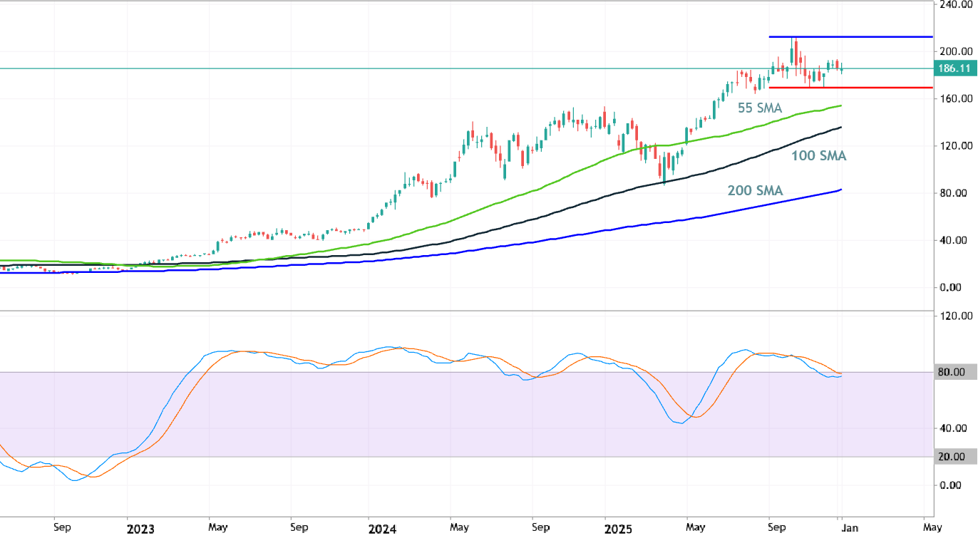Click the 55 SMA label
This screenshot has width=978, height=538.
click(x=760, y=108)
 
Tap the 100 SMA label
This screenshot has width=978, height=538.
click(x=818, y=155)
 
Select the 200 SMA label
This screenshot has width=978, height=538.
click(x=755, y=190)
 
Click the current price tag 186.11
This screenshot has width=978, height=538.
click(x=955, y=68)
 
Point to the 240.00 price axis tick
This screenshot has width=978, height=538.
click(x=954, y=4)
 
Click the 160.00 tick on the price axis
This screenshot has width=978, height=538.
click(x=954, y=98)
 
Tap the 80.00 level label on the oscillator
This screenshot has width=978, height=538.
click(x=954, y=372)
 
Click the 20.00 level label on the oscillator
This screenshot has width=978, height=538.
click(x=954, y=457)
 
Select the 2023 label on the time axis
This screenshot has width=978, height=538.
click(x=140, y=529)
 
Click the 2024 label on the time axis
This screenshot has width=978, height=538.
click(x=382, y=529)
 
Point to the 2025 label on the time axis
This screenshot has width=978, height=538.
click(x=618, y=529)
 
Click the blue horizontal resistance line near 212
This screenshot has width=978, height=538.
click(x=855, y=36)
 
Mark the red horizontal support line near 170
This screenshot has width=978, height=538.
click(x=855, y=88)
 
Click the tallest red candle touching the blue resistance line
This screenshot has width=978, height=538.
click(x=795, y=50)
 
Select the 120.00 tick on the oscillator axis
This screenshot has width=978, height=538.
click(x=954, y=316)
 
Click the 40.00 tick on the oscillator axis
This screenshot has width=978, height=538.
click(x=954, y=428)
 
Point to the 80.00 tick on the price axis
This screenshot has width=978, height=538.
click(x=954, y=193)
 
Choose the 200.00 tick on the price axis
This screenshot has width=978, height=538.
click(x=954, y=51)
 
